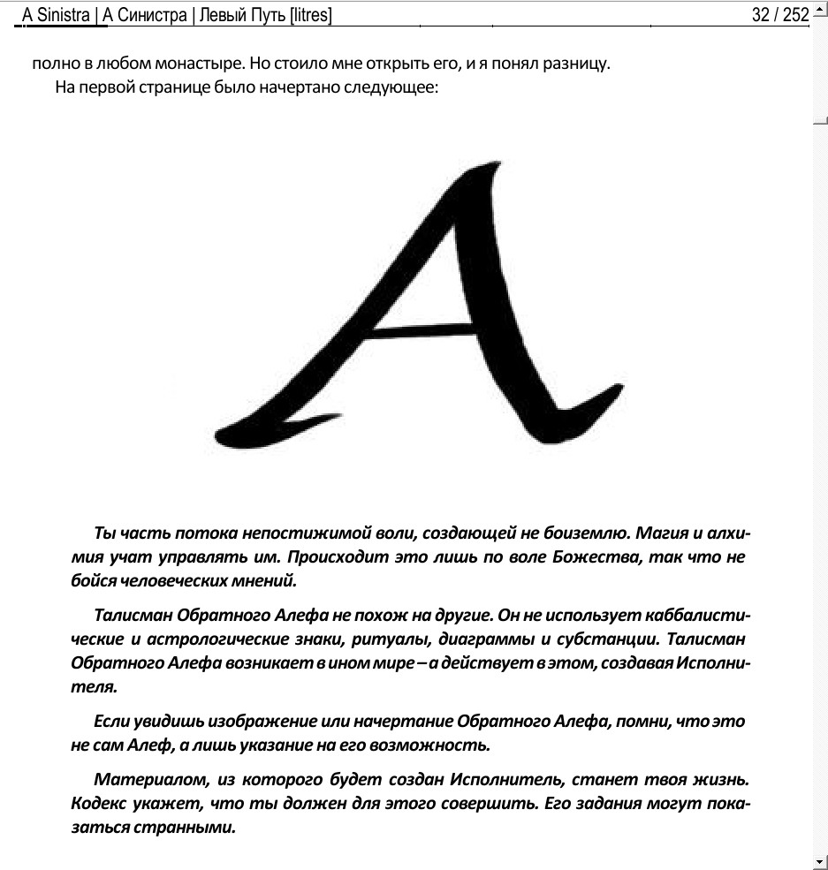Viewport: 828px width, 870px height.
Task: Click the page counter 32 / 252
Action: pyautogui.click(x=780, y=15)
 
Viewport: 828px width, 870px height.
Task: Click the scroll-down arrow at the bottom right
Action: pyautogui.click(x=819, y=861)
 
